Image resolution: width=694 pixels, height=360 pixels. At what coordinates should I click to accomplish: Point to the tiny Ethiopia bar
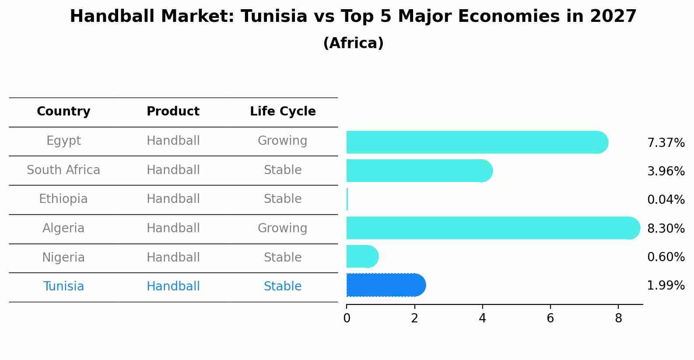click(x=347, y=199)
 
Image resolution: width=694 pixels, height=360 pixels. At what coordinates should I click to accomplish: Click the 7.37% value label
click(x=666, y=143)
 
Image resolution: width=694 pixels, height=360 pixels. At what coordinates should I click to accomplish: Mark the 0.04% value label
click(x=666, y=200)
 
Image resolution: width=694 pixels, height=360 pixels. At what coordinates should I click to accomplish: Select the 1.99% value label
click(x=666, y=286)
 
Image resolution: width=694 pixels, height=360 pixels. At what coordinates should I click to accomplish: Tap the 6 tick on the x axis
click(x=550, y=318)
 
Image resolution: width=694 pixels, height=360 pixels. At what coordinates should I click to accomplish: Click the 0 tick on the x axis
click(x=347, y=318)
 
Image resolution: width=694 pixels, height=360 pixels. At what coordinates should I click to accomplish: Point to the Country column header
click(x=63, y=112)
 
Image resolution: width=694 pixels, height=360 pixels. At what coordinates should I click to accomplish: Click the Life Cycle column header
click(x=283, y=112)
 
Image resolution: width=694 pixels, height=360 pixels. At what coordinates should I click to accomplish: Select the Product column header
click(x=173, y=112)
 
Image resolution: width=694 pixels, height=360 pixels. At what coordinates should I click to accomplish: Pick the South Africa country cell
click(x=63, y=170)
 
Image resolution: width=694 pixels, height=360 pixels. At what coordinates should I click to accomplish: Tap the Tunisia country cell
click(x=63, y=287)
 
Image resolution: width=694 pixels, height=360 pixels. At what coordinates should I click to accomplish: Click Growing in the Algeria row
click(x=282, y=228)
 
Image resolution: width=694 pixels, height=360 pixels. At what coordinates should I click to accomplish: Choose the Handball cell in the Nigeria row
click(x=173, y=258)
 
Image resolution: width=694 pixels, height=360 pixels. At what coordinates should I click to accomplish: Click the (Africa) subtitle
click(x=353, y=43)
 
